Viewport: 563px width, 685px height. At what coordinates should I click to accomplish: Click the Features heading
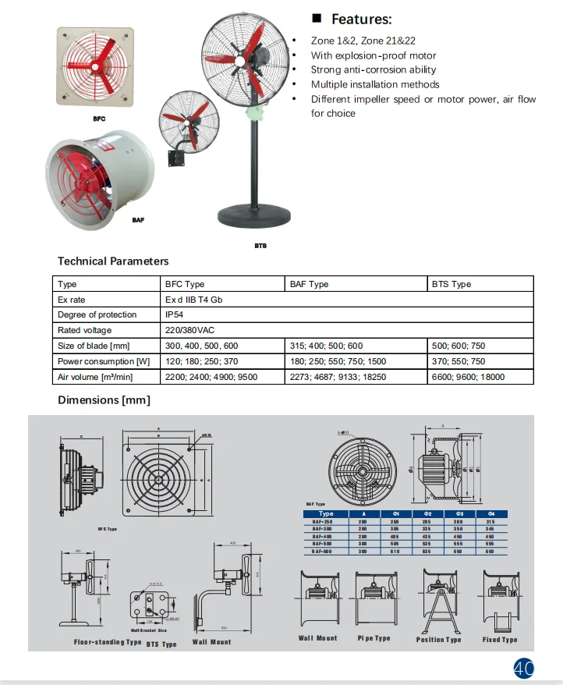coord(361,20)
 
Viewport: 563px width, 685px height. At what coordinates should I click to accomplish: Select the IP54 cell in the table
coord(174,314)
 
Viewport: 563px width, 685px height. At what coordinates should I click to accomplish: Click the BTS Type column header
coord(451,284)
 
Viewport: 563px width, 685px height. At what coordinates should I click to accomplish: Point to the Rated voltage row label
coord(85,330)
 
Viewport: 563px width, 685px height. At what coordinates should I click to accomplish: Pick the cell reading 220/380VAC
coord(189,330)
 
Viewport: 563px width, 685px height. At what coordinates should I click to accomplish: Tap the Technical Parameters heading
coord(113,261)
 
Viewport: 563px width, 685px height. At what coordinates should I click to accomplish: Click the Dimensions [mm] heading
coord(104,400)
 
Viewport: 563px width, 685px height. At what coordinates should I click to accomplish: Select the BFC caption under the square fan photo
coord(98,119)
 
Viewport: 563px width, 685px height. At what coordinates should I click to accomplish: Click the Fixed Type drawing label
coord(500,640)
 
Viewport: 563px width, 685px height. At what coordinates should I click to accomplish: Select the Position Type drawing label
coord(438,640)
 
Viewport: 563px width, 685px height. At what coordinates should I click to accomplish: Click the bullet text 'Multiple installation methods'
coord(374,84)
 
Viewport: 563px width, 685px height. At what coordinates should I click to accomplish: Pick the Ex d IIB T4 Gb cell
coord(193,300)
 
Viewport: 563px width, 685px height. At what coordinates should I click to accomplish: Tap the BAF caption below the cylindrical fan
coord(138,220)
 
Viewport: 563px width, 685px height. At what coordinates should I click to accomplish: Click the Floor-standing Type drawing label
coord(108,642)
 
